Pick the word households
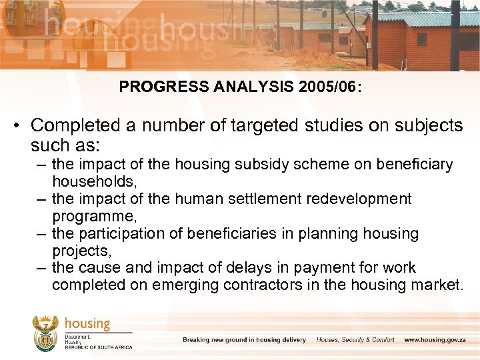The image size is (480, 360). coord(94,181)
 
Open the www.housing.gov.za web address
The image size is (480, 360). coord(436,340)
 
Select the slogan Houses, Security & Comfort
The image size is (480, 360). coord(355,340)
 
